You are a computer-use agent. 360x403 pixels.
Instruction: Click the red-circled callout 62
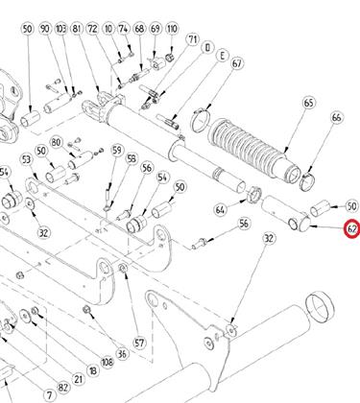point(352,229)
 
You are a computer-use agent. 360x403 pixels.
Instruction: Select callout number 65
point(308,104)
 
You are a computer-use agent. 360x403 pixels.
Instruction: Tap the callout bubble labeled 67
point(236,63)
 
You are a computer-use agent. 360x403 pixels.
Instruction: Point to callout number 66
point(337,118)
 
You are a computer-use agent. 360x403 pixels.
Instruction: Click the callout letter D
point(207,48)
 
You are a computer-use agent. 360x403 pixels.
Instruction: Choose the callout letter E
point(222,56)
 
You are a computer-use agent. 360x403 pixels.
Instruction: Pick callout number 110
point(172,29)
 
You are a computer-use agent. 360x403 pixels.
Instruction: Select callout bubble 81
point(77,29)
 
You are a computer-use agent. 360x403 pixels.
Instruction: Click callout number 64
point(220,210)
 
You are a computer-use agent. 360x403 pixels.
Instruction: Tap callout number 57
point(139,344)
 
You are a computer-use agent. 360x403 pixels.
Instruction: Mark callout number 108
point(107,362)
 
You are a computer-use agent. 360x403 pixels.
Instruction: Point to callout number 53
point(27,159)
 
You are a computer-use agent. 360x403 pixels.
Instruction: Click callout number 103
point(61,29)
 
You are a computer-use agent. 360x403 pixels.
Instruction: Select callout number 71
point(192,39)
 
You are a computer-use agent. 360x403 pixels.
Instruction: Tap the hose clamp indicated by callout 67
point(201,121)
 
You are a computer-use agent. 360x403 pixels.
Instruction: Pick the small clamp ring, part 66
point(307,180)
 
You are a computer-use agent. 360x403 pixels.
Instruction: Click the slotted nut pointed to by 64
point(255,194)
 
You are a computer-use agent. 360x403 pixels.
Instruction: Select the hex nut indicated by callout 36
point(86,309)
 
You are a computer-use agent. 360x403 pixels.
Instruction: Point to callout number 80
point(57,142)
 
